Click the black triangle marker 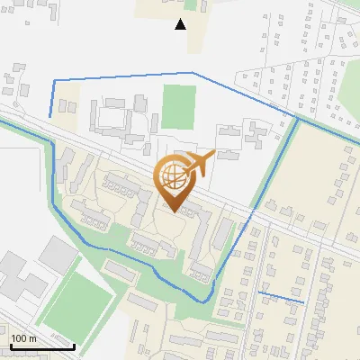pyautogui.click(x=180, y=24)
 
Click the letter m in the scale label pyautogui.click(x=33, y=338)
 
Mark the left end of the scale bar pyautogui.click(x=10, y=346)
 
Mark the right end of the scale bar pyautogui.click(x=74, y=346)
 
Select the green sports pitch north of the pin pyautogui.click(x=179, y=106)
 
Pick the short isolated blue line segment pyautogui.click(x=281, y=297)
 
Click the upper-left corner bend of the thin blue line pyautogui.click(x=54, y=81)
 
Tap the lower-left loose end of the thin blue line pyautogui.click(x=50, y=116)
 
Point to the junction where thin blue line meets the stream pyautogui.click(x=298, y=117)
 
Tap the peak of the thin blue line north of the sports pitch pyautogui.click(x=192, y=73)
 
